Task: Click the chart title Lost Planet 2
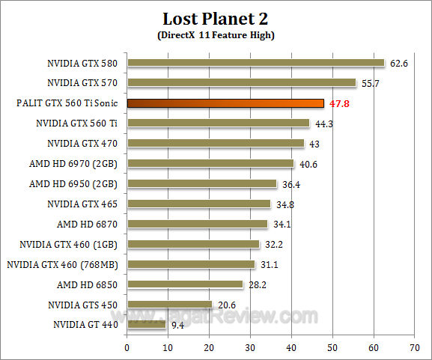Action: click(x=216, y=18)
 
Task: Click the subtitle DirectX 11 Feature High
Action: click(x=216, y=35)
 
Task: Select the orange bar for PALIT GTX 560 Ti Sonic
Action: click(x=225, y=103)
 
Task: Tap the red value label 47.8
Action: click(x=341, y=104)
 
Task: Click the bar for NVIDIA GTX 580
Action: click(x=255, y=63)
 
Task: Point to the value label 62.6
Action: click(x=399, y=64)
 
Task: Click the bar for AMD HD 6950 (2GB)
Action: click(x=201, y=183)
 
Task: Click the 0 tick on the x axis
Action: click(x=127, y=347)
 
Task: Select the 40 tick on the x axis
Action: click(x=291, y=347)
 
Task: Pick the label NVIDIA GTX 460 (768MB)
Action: click(x=64, y=264)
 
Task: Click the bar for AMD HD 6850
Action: click(x=185, y=284)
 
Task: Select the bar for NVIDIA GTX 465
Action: click(x=198, y=204)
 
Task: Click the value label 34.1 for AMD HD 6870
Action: click(x=281, y=224)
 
